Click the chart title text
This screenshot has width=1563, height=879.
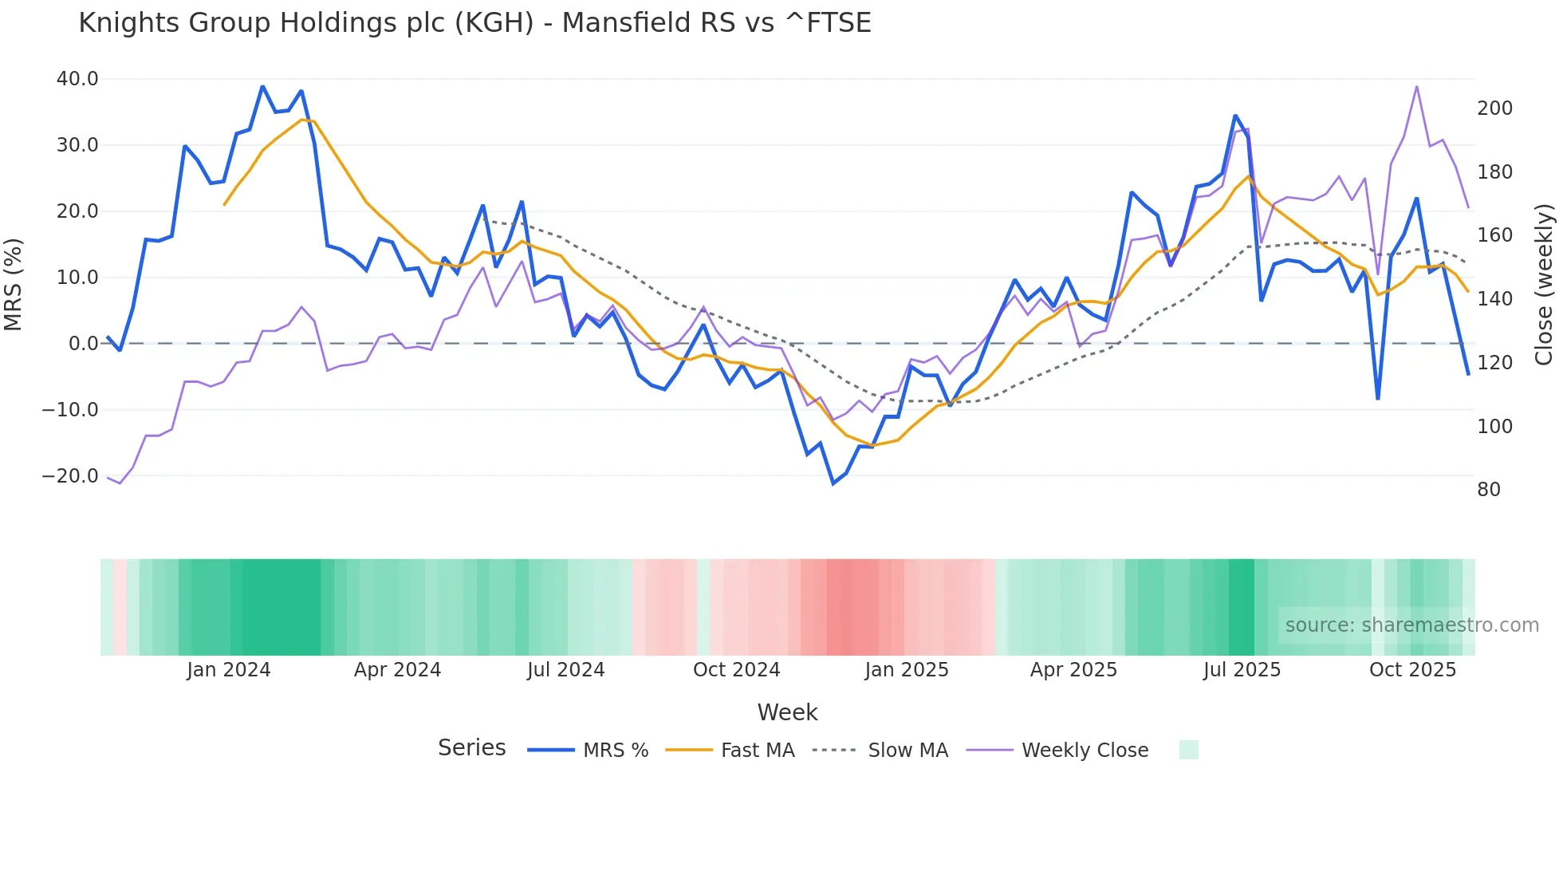pos(474,22)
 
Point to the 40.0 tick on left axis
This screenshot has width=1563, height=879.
pos(77,79)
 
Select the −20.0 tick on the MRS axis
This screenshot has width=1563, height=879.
pos(70,476)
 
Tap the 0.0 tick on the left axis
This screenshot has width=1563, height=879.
pos(84,344)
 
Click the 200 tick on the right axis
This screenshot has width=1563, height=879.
pos(1494,108)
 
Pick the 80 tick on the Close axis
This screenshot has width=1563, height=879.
pos(1489,490)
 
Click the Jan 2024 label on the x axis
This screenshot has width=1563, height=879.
pos(229,670)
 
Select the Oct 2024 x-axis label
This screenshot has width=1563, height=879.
pos(736,670)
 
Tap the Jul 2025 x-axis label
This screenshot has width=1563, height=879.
pos(1242,670)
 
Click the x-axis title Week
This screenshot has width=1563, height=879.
pos(787,712)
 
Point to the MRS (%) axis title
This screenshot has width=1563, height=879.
pos(13,284)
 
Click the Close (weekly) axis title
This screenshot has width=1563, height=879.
pos(1544,284)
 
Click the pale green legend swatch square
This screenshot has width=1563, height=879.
pos(1188,750)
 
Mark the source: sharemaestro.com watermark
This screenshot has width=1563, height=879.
pos(1411,625)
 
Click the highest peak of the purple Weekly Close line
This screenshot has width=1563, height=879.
pos(1416,86)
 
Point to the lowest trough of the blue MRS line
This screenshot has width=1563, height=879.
pos(833,483)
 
